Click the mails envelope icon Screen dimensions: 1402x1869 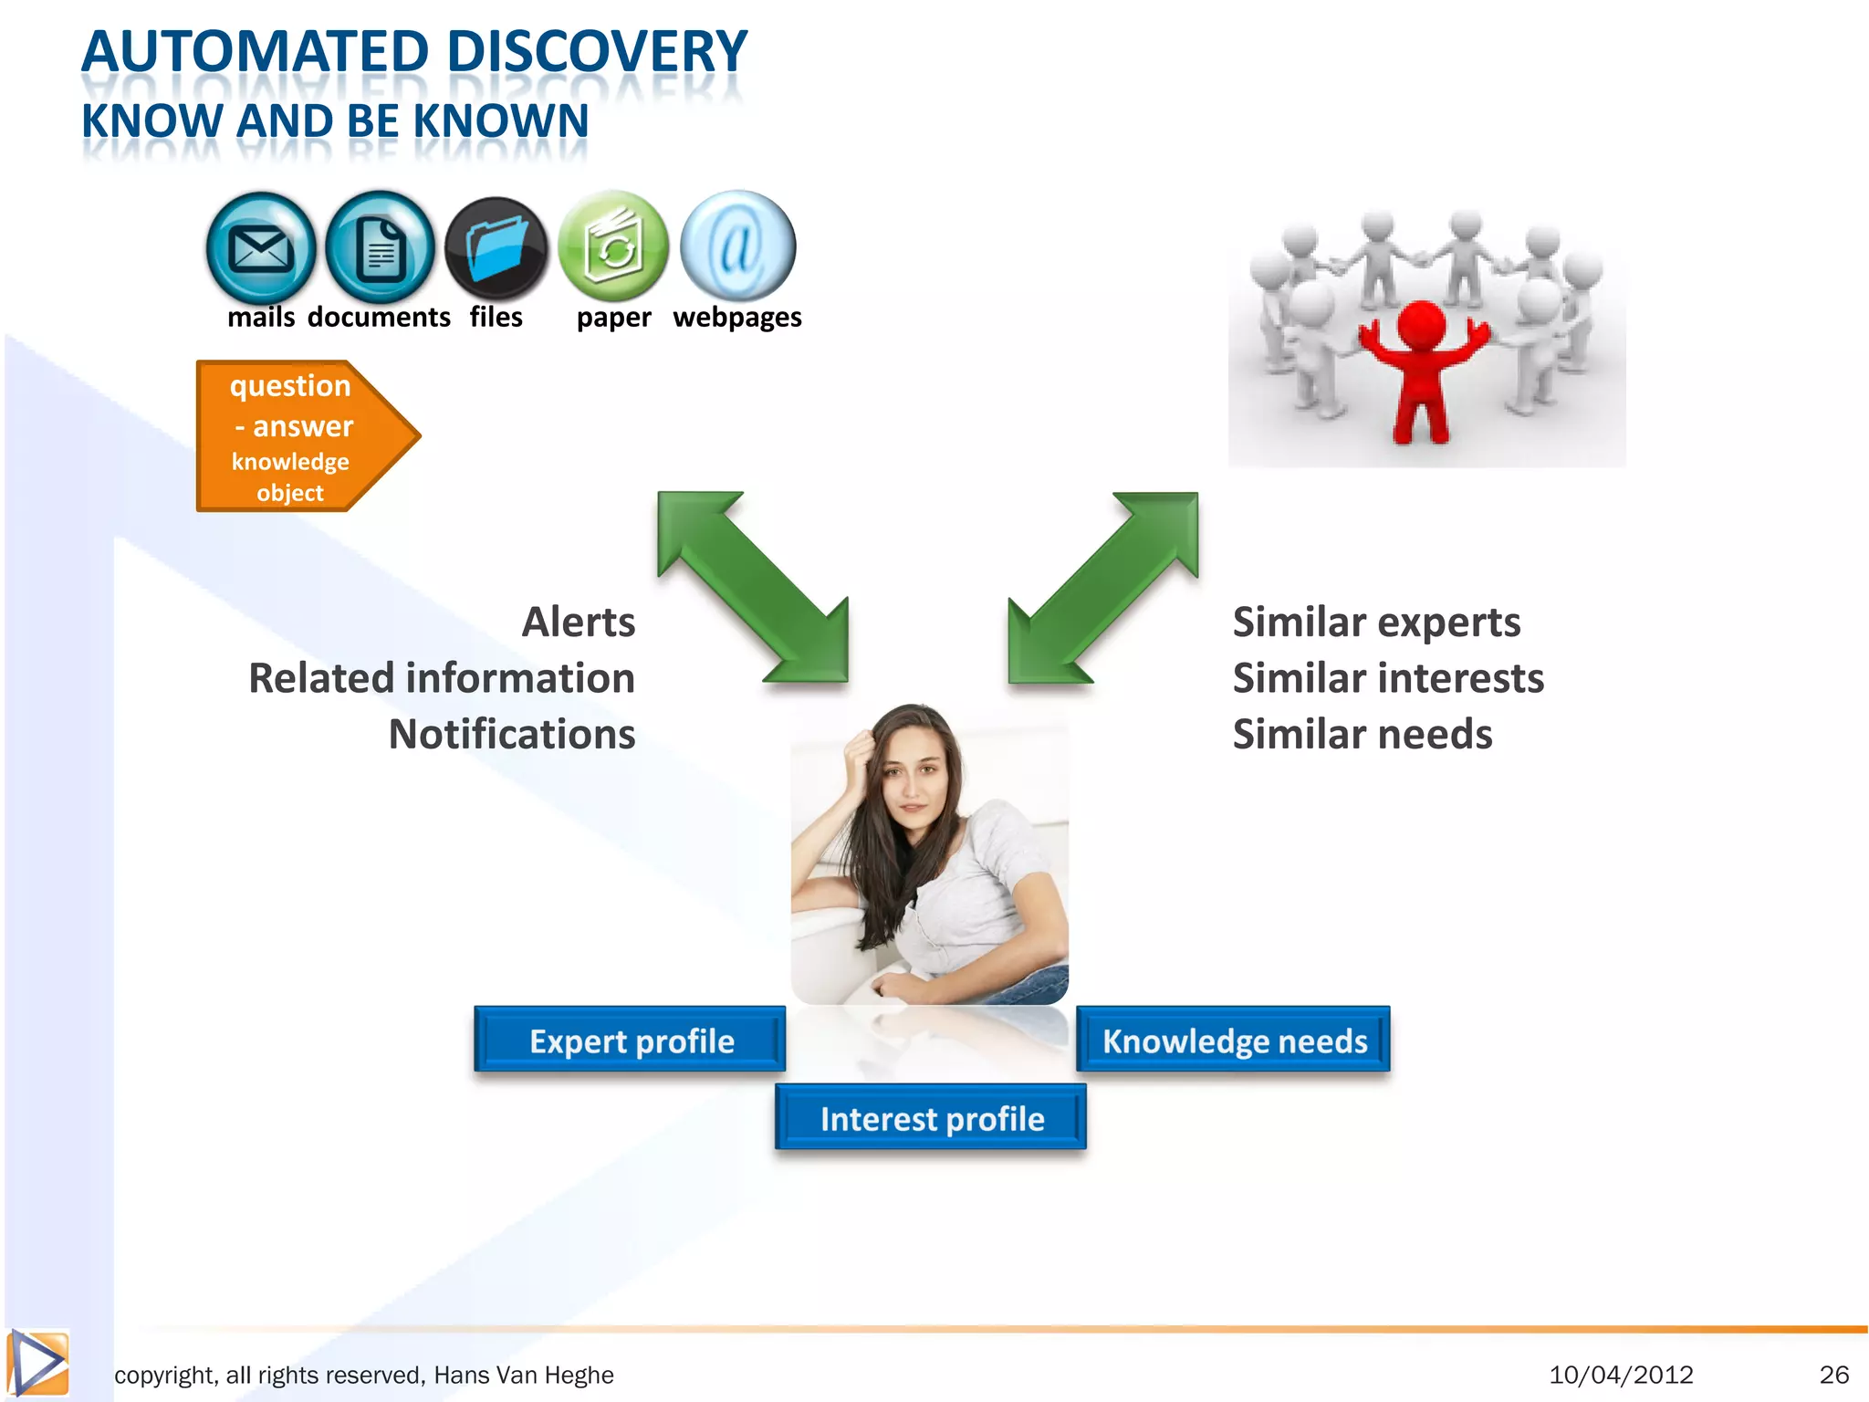point(261,248)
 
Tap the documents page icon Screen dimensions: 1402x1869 point(380,248)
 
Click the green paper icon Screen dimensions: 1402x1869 point(612,246)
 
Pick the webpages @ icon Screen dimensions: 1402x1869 point(737,246)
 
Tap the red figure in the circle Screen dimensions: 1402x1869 point(1421,365)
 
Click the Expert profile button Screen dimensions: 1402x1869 point(631,1041)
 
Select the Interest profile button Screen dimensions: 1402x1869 point(931,1118)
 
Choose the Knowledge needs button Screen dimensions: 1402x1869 point(1234,1041)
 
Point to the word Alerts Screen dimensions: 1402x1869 point(578,623)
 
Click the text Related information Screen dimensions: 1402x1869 point(442,678)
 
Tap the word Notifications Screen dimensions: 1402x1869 point(512,735)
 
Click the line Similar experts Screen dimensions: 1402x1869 point(1376,623)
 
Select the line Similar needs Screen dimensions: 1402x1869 point(1362,735)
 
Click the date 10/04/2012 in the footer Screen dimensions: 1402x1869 point(1621,1375)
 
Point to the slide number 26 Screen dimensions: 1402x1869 point(1833,1375)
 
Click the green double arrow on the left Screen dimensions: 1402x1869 point(753,587)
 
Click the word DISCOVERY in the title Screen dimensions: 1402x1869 point(597,52)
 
